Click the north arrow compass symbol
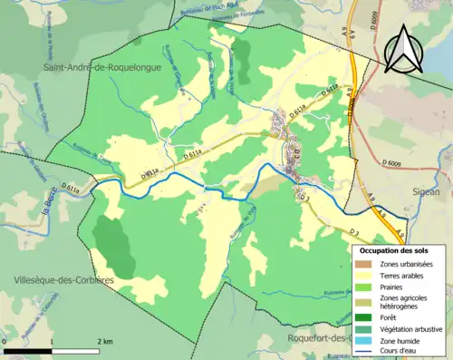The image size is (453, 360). click(x=404, y=46)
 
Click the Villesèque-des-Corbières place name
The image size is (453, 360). click(x=57, y=280)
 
